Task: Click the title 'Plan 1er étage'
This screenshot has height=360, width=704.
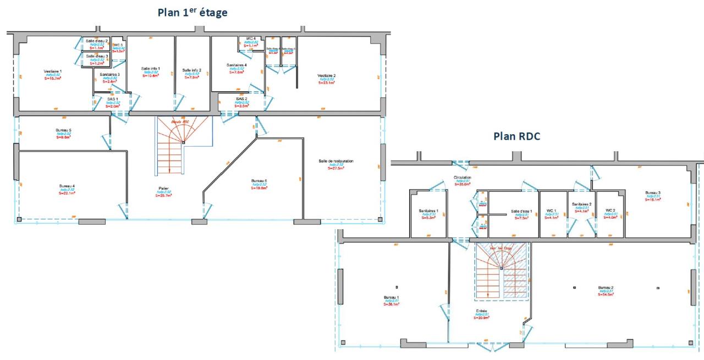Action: pos(192,12)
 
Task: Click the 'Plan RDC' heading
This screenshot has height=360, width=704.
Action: pos(516,136)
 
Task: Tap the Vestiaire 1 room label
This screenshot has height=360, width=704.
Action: pos(53,71)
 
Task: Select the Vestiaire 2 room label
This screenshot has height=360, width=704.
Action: pos(326,75)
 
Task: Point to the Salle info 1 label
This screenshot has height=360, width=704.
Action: pos(150,68)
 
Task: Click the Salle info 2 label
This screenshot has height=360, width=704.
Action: pos(192,70)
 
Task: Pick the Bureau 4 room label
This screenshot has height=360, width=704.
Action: pos(67,186)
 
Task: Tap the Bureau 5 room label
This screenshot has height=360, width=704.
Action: pos(63,130)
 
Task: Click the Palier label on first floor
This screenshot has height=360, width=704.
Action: pos(164,187)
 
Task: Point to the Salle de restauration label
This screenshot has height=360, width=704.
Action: pos(335,161)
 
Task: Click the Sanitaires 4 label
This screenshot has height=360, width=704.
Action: pos(237,65)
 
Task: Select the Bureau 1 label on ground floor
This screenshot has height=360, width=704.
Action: pos(392,297)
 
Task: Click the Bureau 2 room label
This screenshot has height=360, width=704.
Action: pos(606,287)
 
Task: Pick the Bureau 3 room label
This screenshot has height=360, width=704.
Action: pos(653,193)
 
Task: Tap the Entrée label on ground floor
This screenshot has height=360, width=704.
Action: pos(482,311)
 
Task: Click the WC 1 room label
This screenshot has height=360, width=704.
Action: pos(551,211)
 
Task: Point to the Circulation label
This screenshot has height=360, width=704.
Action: pos(462,178)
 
